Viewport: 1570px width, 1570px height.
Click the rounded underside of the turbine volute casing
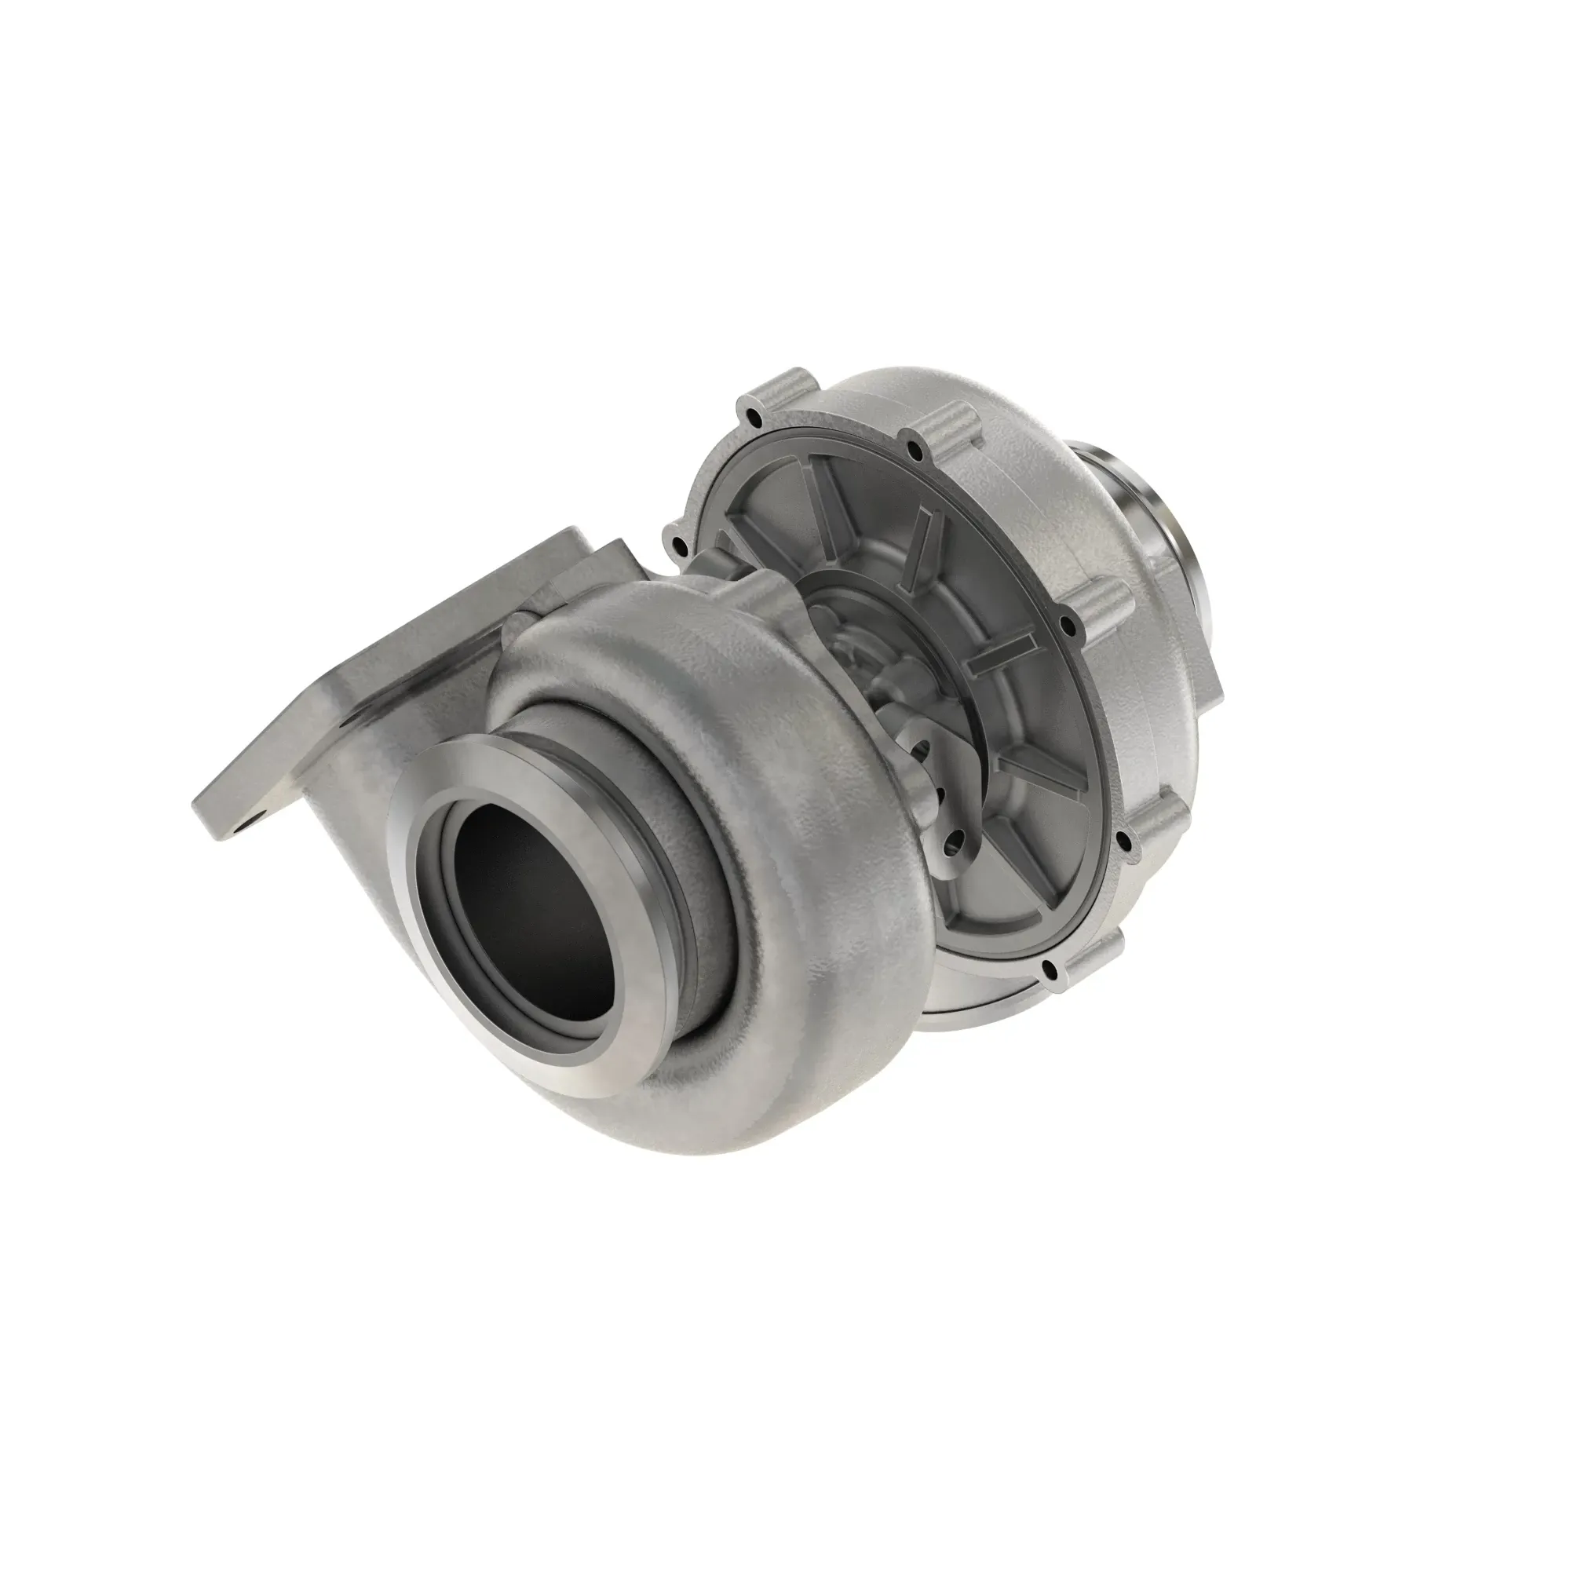click(691, 1113)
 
